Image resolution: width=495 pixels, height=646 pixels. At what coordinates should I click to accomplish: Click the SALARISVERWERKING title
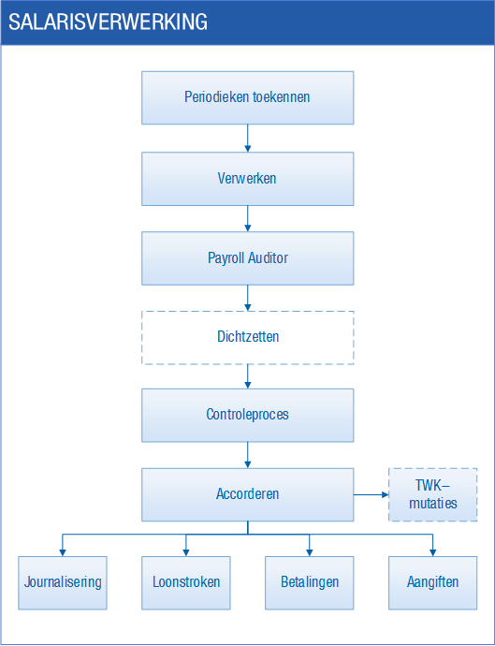click(x=108, y=22)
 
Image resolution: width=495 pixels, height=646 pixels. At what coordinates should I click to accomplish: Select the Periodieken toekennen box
click(x=247, y=97)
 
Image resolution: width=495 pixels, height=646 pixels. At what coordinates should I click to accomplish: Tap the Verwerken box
click(x=247, y=179)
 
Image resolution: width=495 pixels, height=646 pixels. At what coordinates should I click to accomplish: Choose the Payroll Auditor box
click(x=247, y=258)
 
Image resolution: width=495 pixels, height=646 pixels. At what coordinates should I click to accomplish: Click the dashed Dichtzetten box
click(x=247, y=338)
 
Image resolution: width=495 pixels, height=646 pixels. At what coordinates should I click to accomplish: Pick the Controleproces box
click(x=247, y=416)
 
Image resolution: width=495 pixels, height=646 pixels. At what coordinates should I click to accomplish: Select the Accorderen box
click(x=247, y=494)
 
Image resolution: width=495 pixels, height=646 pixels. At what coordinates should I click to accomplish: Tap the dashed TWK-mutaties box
click(x=433, y=494)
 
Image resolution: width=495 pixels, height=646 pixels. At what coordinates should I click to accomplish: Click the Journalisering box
click(x=63, y=583)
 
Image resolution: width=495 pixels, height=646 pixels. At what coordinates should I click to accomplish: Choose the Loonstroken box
click(x=185, y=583)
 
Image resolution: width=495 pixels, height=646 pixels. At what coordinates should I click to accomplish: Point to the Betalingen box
click(x=310, y=583)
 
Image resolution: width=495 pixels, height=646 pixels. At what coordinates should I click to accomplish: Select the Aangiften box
click(x=433, y=583)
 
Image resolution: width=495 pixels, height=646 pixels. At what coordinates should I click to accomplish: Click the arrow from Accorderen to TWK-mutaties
click(x=371, y=494)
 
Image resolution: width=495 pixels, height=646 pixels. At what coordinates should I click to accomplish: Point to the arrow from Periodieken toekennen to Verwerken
click(x=247, y=138)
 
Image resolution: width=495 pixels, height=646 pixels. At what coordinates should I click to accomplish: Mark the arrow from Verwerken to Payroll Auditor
click(x=247, y=218)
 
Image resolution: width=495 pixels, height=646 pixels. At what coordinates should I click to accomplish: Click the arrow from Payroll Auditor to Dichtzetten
click(x=247, y=298)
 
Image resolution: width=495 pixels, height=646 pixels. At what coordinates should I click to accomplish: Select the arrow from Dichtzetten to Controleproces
click(x=247, y=376)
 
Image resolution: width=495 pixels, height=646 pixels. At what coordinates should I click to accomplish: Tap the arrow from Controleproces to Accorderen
click(x=247, y=455)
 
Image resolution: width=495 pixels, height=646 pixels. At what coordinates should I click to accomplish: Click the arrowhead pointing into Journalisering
click(x=63, y=553)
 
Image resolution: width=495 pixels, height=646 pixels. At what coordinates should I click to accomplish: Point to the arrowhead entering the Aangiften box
click(x=433, y=553)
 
